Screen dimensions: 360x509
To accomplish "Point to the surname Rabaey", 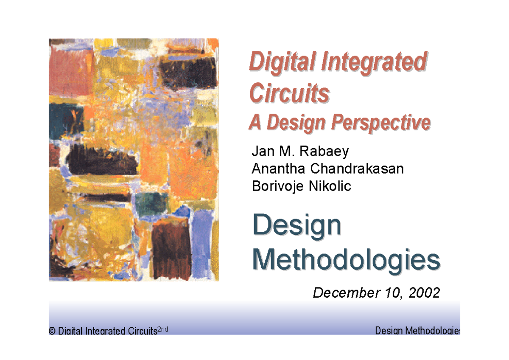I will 327,151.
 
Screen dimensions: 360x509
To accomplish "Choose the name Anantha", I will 279,169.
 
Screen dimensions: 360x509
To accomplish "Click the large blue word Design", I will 296,226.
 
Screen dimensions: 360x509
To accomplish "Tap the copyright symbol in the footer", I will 52,331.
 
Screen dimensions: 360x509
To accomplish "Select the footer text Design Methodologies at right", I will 418,331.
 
